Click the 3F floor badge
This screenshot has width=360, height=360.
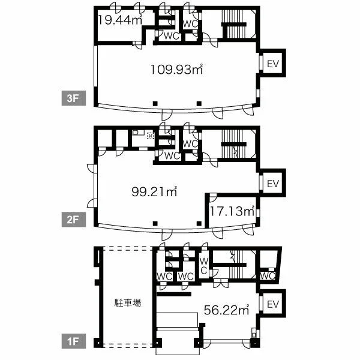tap(74, 98)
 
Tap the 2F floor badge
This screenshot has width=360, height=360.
tap(74, 220)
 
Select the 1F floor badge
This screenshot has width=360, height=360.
tap(74, 341)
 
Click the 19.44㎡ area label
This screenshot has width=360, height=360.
tap(120, 20)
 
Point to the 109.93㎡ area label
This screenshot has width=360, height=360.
tap(176, 69)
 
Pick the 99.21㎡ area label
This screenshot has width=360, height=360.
tap(154, 191)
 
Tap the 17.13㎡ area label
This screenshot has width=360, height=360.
tap(232, 211)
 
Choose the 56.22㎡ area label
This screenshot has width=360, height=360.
tap(227, 310)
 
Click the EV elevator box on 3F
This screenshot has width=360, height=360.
tap(272, 63)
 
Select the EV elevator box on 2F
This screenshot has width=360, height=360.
tap(272, 183)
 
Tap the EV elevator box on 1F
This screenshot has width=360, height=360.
tap(272, 304)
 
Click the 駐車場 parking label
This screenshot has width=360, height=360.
tap(128, 302)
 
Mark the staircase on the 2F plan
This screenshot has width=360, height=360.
tap(234, 144)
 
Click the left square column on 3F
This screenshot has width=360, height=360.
tap(155, 104)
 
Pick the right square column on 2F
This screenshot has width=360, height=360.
tap(199, 223)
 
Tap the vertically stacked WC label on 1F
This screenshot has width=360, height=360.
tap(203, 266)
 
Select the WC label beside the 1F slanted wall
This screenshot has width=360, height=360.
tap(268, 276)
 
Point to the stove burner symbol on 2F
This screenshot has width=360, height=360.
tap(151, 136)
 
